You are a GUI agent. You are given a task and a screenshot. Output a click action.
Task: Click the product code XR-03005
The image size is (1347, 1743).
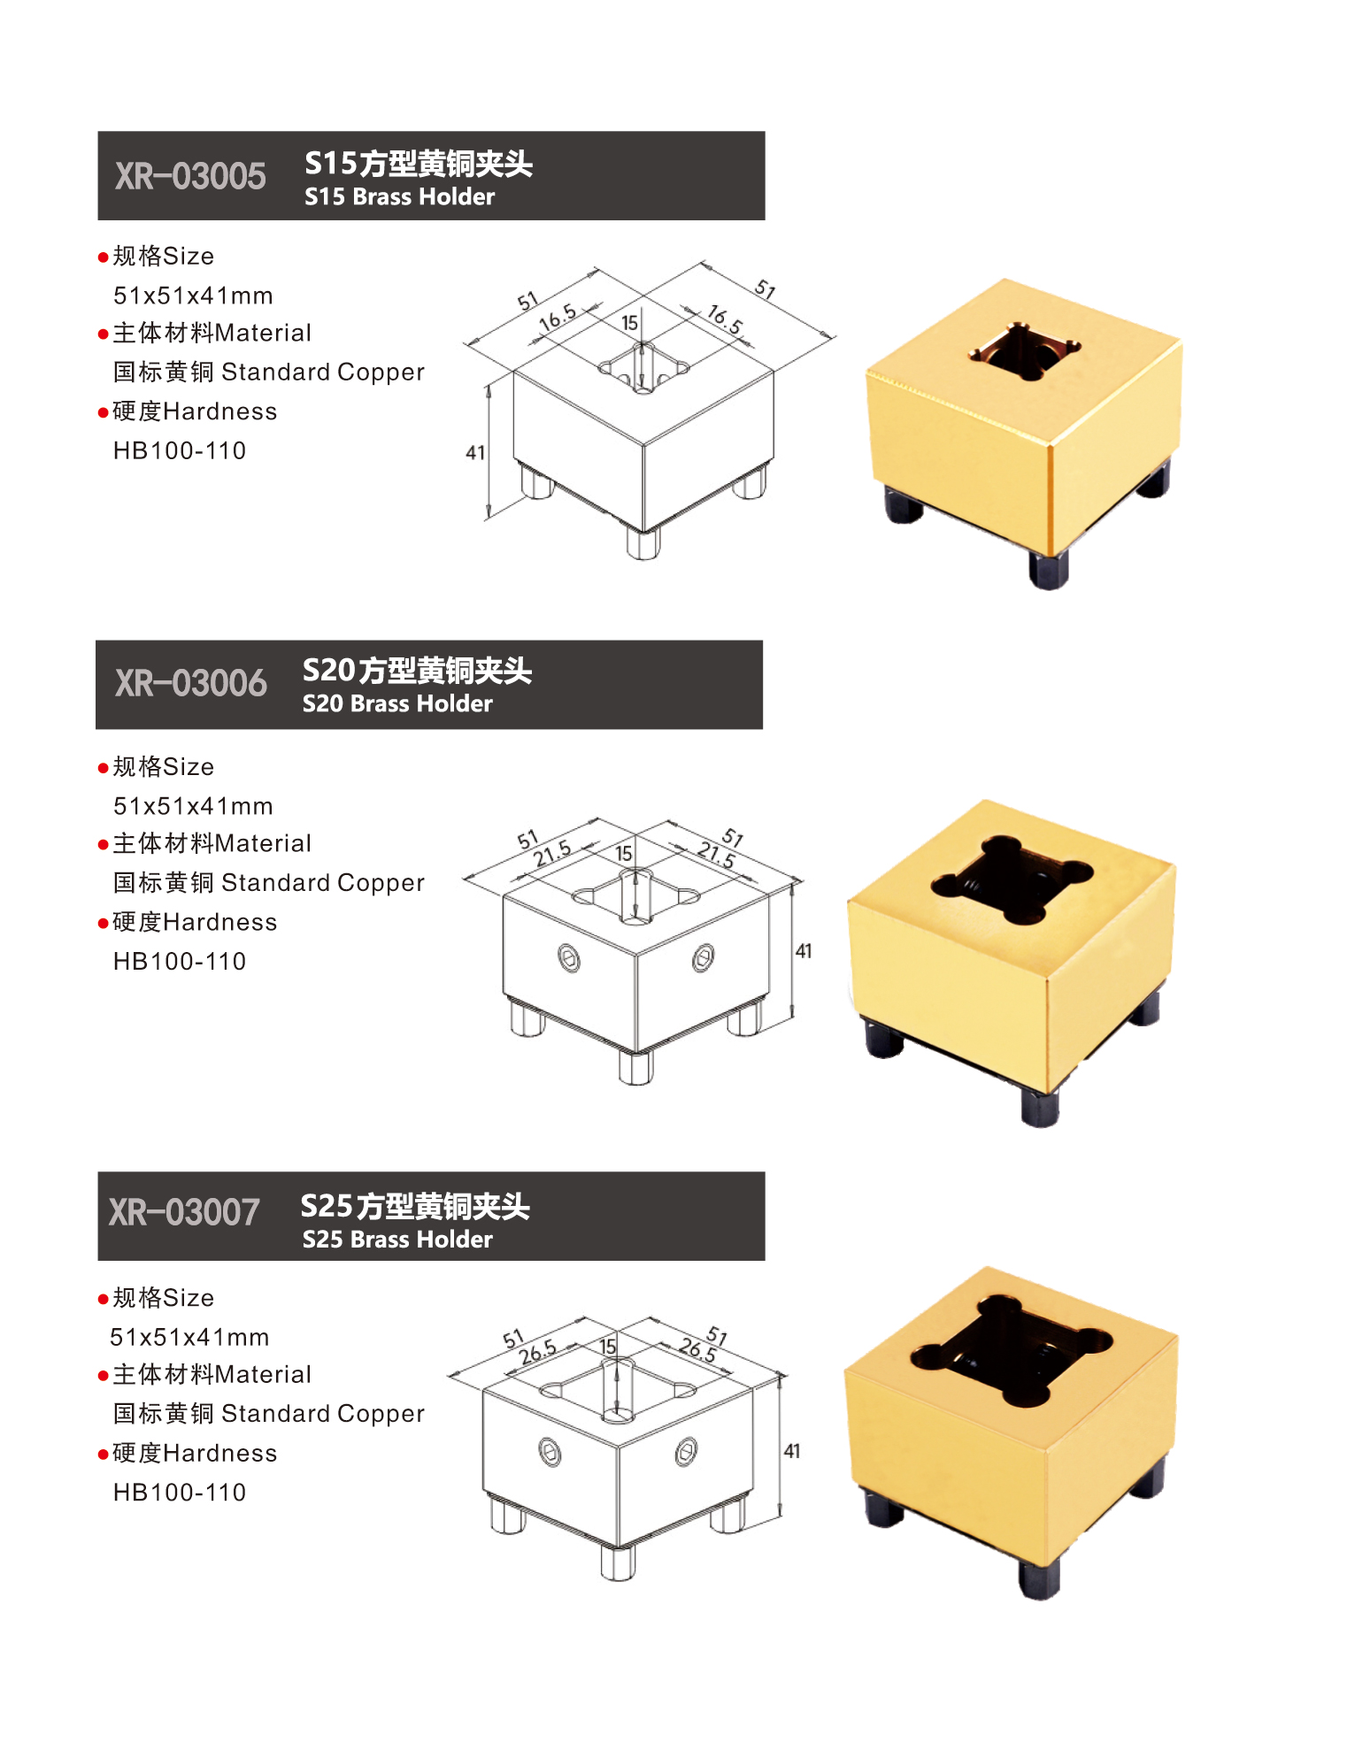pos(190,176)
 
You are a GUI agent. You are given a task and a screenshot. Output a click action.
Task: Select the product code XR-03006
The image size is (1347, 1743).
pos(190,683)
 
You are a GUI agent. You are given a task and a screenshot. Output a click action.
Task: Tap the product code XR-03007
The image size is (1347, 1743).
pos(184,1212)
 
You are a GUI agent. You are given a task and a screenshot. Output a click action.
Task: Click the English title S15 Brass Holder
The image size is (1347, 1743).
pos(399,196)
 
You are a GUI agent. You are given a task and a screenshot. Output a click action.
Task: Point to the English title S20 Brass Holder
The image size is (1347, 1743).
pos(397,703)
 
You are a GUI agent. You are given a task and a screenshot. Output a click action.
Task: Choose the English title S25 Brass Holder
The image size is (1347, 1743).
pos(397,1240)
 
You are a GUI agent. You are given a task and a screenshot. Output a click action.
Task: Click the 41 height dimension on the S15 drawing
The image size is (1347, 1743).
pos(475,453)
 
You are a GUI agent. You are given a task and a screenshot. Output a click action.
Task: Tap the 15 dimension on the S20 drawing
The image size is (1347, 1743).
pos(624,854)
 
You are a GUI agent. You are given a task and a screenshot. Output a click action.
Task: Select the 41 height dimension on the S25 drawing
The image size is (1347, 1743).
pos(792,1451)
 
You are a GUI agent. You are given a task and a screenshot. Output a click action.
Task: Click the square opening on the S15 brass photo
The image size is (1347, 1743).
pos(1024,351)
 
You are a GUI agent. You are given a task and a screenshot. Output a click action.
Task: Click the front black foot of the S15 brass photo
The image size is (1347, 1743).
pos(1049,570)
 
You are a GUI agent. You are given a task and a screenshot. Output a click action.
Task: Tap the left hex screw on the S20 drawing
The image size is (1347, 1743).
pos(569,957)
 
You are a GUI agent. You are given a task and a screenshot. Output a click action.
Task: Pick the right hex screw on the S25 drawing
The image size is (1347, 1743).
pos(686,1452)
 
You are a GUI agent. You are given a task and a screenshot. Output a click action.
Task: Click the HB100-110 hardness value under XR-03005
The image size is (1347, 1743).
pos(180,450)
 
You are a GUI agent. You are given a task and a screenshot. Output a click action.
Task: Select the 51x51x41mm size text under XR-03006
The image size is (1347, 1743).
pos(193,806)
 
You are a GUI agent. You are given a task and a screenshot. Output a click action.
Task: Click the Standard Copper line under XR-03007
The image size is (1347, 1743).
pos(269,1413)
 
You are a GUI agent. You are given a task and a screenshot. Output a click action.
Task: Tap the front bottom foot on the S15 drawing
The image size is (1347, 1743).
pos(643,542)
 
